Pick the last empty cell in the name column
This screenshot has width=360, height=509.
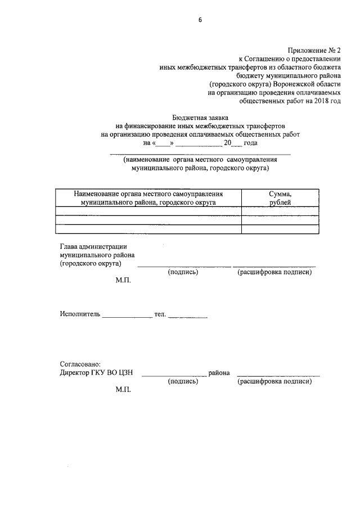click(148, 229)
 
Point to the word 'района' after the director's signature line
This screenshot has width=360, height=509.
click(219, 372)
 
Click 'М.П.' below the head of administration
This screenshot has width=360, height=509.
click(123, 281)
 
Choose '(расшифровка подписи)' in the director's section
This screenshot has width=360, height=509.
click(274, 381)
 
